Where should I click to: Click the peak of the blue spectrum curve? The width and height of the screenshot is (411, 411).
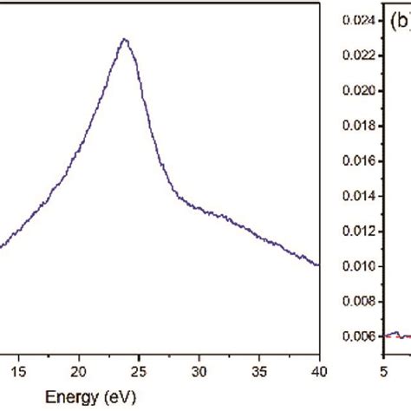point(125,39)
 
